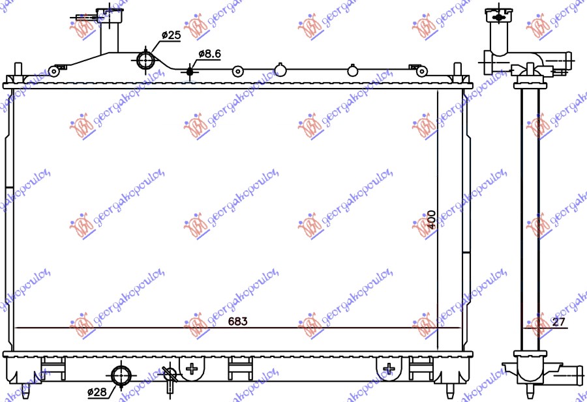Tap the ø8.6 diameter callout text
(x=209, y=55)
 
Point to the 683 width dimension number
(x=237, y=322)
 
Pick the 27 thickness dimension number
(x=558, y=322)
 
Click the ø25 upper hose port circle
(x=145, y=61)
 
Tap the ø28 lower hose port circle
(x=121, y=376)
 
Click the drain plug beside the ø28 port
(x=169, y=377)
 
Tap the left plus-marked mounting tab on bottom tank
(x=192, y=369)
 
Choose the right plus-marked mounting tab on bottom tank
(x=389, y=369)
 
